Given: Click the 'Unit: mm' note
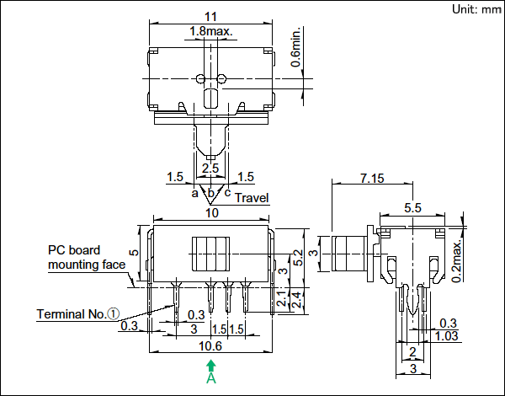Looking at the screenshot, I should point(476,9).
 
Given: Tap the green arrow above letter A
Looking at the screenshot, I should point(211,367).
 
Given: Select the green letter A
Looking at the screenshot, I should point(211,380).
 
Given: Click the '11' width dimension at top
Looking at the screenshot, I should point(211,16).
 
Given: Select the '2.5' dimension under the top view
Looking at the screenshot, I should point(210,169).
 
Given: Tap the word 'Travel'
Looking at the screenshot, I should point(251,198).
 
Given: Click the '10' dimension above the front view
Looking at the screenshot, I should point(211,214).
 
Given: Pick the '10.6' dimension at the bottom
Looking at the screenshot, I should point(211,345).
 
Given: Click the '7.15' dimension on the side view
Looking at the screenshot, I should point(371,179).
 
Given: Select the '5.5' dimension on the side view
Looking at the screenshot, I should point(412,208).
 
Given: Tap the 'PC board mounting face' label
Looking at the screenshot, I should point(83,257).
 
